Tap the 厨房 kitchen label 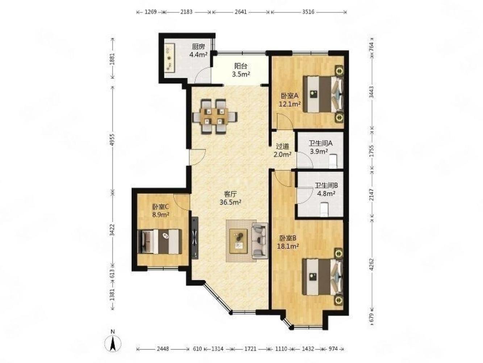click(198, 47)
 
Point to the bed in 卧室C click(159, 241)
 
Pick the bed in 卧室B click(322, 277)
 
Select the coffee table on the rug click(238, 241)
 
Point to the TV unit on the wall click(195, 238)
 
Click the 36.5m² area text click(230, 202)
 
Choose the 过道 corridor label click(282, 146)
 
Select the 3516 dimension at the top click(308, 12)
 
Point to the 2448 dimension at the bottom click(163, 349)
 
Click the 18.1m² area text click(289, 246)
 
